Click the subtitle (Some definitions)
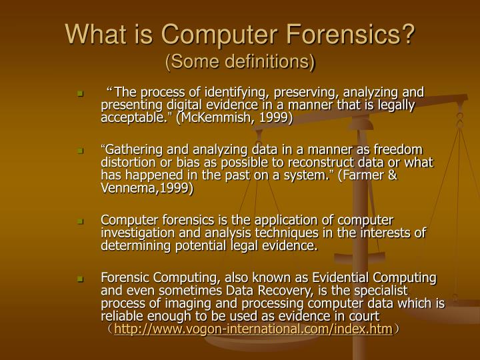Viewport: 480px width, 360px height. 239,62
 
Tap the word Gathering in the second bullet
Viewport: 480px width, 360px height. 132,149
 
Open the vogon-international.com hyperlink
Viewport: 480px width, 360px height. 253,329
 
